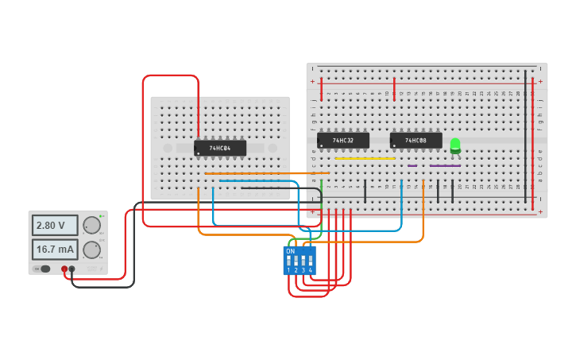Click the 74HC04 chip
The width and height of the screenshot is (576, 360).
pyautogui.click(x=220, y=148)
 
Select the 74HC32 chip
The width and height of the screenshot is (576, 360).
pyautogui.click(x=343, y=141)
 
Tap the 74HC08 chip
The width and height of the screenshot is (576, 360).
pyautogui.click(x=416, y=141)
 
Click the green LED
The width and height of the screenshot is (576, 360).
pyautogui.click(x=455, y=145)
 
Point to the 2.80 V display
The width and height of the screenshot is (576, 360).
pyautogui.click(x=55, y=226)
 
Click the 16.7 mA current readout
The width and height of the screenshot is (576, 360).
pyautogui.click(x=55, y=250)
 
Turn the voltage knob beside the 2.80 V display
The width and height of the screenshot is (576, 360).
pyautogui.click(x=92, y=226)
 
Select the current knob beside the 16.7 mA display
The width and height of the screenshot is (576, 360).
pyautogui.click(x=92, y=250)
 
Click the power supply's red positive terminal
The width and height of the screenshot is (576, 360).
pyautogui.click(x=64, y=269)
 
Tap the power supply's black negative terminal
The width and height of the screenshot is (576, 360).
pyautogui.click(x=72, y=269)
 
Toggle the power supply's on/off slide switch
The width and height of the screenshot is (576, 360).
pyautogui.click(x=45, y=269)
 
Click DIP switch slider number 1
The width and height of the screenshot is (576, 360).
pyautogui.click(x=289, y=260)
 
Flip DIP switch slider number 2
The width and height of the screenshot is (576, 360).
pyautogui.click(x=296, y=260)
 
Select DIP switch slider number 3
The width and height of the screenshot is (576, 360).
pyautogui.click(x=303, y=260)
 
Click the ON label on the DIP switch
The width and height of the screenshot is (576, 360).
pyautogui.click(x=290, y=251)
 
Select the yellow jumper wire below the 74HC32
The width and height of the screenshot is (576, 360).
pyautogui.click(x=365, y=159)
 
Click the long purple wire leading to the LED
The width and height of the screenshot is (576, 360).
pyautogui.click(x=445, y=166)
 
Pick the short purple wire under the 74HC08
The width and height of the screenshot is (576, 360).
pyautogui.click(x=412, y=166)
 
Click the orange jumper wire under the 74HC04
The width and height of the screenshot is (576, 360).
pyautogui.click(x=262, y=172)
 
